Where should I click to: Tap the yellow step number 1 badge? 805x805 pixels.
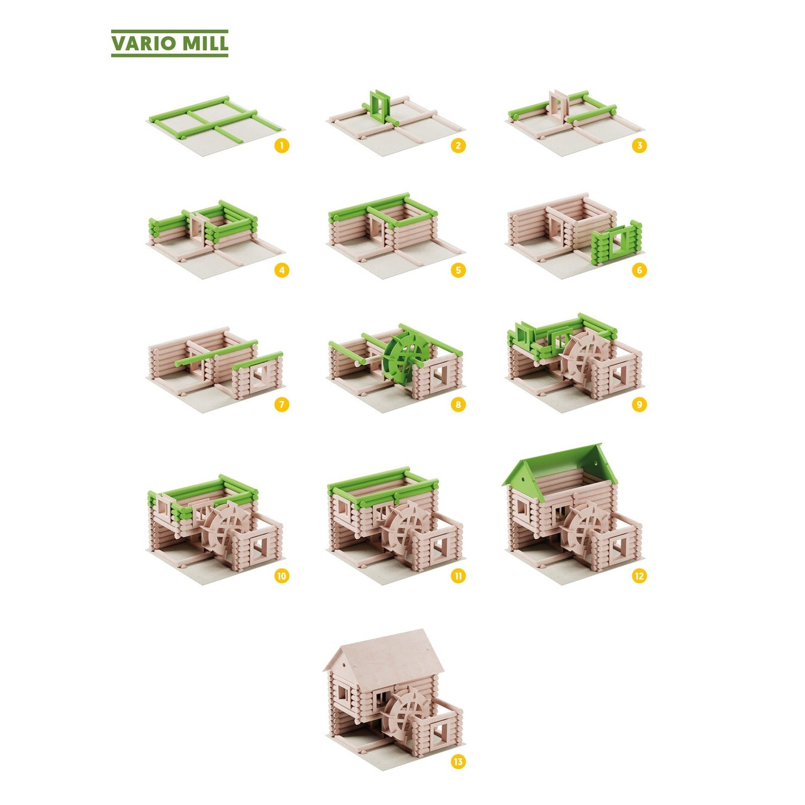click(281, 146)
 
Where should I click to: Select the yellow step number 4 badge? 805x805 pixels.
click(281, 270)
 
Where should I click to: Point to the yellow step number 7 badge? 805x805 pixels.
click(281, 404)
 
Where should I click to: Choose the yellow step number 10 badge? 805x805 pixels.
click(281, 576)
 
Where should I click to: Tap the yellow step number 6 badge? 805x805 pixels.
click(639, 270)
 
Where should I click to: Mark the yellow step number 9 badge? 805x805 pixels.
click(639, 404)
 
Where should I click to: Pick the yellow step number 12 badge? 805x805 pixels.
click(639, 576)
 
